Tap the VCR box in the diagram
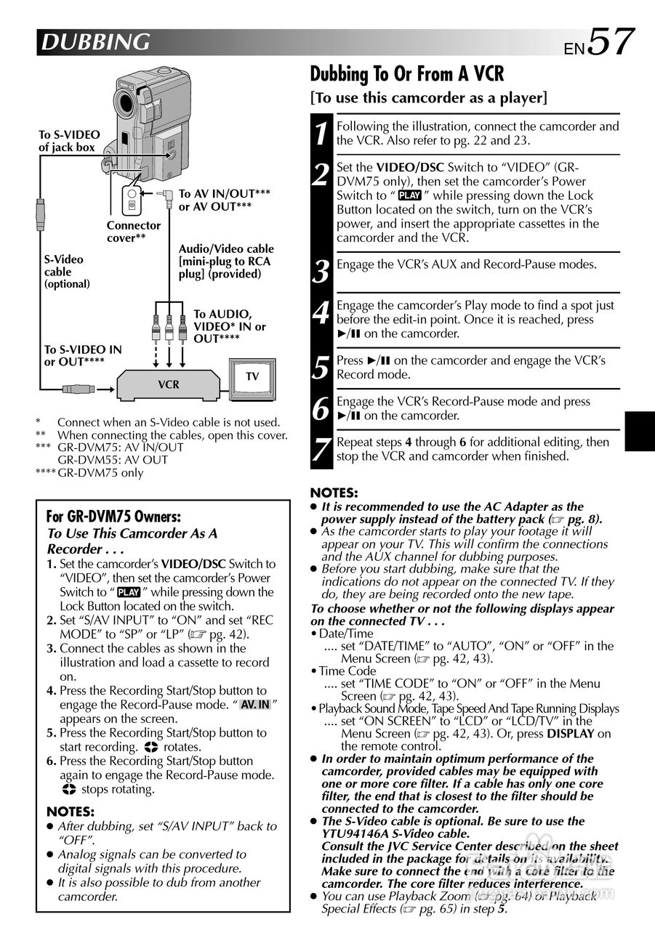(x=169, y=384)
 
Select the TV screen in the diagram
(x=252, y=376)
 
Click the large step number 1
(x=321, y=134)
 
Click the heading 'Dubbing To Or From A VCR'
(x=406, y=74)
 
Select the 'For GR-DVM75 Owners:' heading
(x=113, y=517)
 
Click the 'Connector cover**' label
(x=134, y=231)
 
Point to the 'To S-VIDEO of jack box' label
(x=69, y=141)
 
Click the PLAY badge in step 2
(x=410, y=195)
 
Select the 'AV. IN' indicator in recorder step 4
(x=255, y=705)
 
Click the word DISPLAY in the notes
(x=571, y=734)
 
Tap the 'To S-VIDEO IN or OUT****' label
(x=82, y=355)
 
